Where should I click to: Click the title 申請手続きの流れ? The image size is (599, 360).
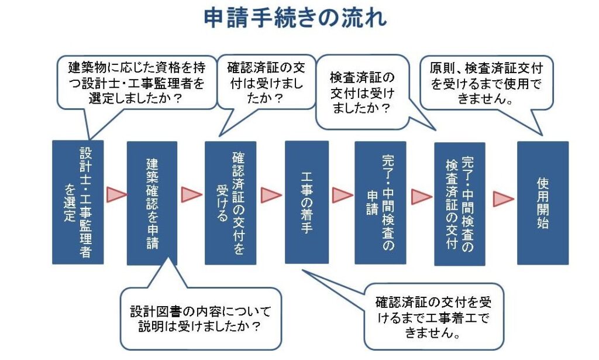pyautogui.click(x=295, y=18)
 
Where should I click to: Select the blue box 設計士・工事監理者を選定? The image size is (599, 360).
pyautogui.click(x=78, y=202)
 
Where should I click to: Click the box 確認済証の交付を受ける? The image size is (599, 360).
pyautogui.click(x=230, y=203)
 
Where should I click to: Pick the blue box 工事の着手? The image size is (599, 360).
pyautogui.click(x=307, y=202)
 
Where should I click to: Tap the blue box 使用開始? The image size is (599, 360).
pyautogui.click(x=542, y=203)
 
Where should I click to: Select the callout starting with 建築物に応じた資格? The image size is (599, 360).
pyautogui.click(x=137, y=83)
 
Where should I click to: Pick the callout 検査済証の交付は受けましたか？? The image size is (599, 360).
pyautogui.click(x=362, y=93)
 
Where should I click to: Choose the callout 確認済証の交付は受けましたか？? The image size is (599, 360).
pyautogui.click(x=266, y=83)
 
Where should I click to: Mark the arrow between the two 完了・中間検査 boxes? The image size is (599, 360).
pyautogui.click(x=421, y=197)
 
